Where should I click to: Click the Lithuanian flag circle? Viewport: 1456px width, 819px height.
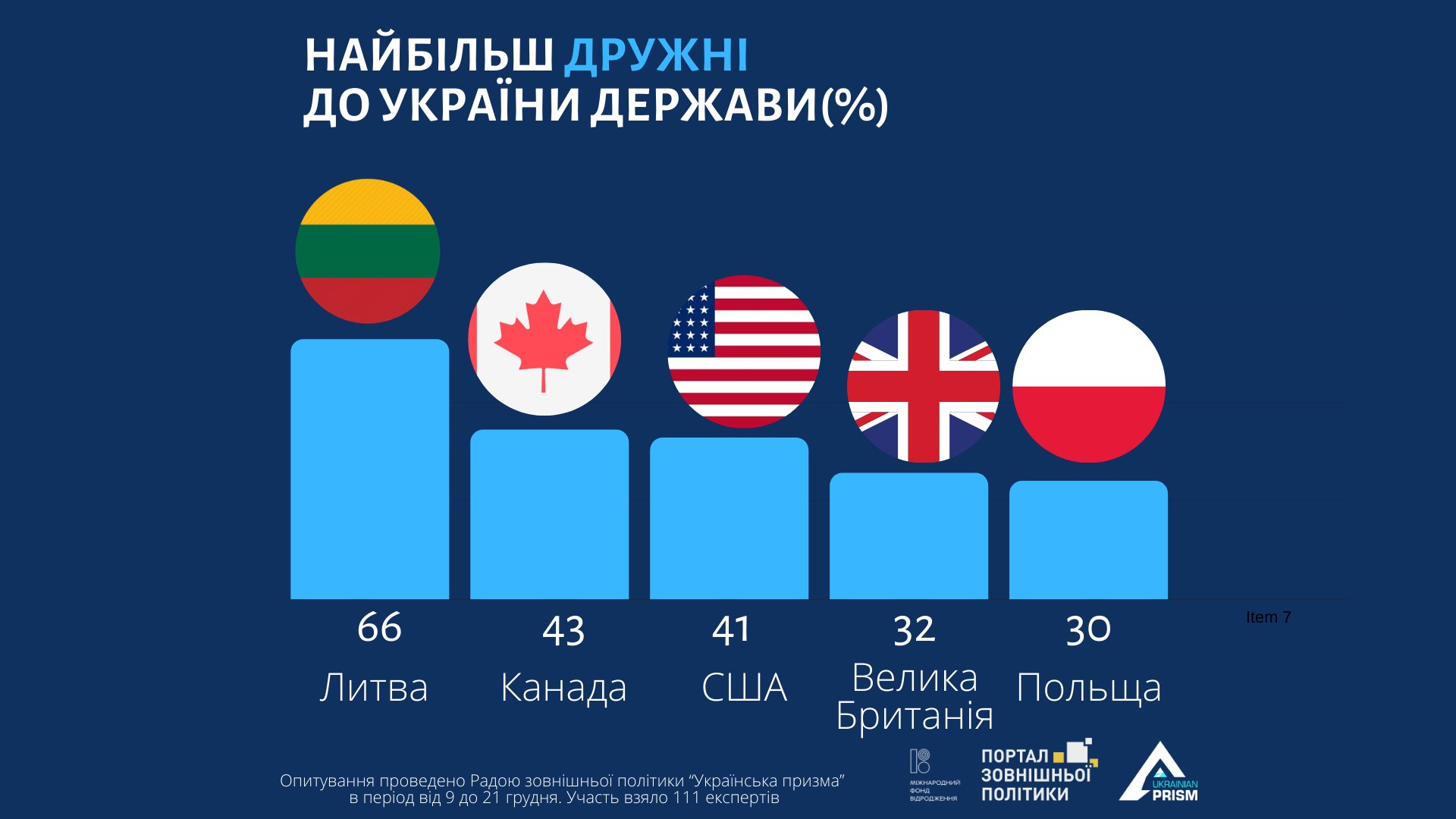click(x=368, y=251)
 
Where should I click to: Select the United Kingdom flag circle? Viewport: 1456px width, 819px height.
click(x=924, y=386)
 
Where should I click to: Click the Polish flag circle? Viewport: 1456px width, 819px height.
click(x=1088, y=386)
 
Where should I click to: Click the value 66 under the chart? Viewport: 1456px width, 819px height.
click(x=379, y=628)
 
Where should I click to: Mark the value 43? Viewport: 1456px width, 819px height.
click(x=563, y=631)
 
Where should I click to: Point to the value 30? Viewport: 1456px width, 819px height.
click(x=1088, y=629)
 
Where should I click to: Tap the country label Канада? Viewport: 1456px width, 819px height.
click(x=563, y=689)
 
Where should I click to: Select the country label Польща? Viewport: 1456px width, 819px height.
click(x=1088, y=689)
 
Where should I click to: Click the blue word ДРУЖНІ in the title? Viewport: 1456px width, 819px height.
click(x=657, y=55)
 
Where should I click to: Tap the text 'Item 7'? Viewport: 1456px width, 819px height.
click(x=1268, y=617)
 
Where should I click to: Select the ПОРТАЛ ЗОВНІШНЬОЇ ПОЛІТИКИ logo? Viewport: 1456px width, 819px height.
click(x=1037, y=773)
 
